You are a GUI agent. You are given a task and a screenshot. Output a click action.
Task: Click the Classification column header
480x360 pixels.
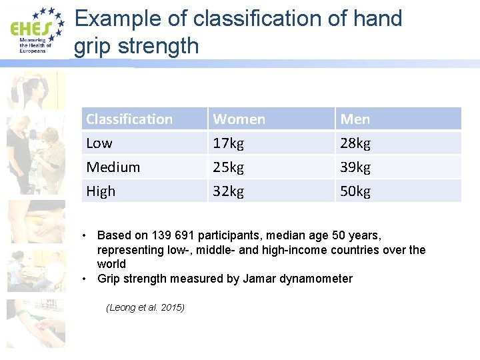click(x=129, y=119)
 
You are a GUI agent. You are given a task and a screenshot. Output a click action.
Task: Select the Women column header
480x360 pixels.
click(x=239, y=119)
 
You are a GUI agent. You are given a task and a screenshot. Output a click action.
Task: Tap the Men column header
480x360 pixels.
click(x=355, y=119)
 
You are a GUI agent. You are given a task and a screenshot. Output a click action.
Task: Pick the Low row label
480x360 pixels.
click(x=99, y=143)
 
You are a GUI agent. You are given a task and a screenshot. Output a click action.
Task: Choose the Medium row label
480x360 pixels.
click(x=113, y=167)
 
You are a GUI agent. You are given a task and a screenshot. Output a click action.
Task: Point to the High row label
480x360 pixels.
click(x=101, y=191)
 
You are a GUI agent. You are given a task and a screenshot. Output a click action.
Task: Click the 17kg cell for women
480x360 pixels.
click(x=228, y=143)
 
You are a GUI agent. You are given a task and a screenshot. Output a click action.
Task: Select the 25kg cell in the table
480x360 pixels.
click(x=228, y=167)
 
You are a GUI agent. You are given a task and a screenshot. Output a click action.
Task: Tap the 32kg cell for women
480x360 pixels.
click(x=228, y=191)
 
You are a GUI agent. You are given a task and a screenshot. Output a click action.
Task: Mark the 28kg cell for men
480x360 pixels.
click(x=355, y=143)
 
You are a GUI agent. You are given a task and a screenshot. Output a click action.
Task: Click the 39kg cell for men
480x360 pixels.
click(x=355, y=167)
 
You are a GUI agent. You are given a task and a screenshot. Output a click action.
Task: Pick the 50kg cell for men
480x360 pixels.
click(x=355, y=191)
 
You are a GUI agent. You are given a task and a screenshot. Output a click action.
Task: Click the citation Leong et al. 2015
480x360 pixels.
click(x=145, y=307)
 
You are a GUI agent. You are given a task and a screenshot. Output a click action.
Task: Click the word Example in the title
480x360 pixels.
click(x=117, y=19)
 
